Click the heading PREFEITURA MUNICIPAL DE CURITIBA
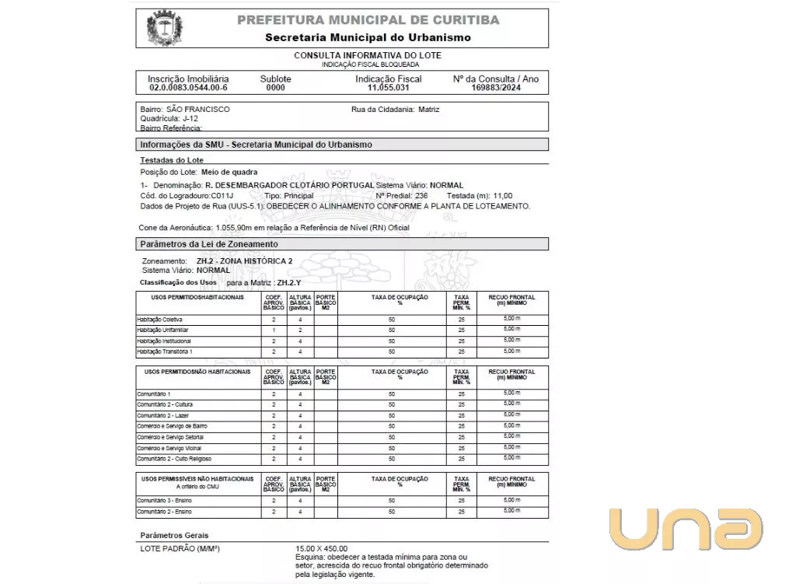pyautogui.click(x=368, y=20)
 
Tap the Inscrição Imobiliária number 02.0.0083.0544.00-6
pyautogui.click(x=188, y=89)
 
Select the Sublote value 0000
pyautogui.click(x=275, y=89)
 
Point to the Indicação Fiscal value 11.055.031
pyautogui.click(x=388, y=89)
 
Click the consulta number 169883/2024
pyautogui.click(x=495, y=89)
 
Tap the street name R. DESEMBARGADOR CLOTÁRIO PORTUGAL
pyautogui.click(x=289, y=186)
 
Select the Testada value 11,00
pyautogui.click(x=503, y=196)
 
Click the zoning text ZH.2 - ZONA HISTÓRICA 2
pyautogui.click(x=244, y=261)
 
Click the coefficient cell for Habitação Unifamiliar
pyautogui.click(x=274, y=330)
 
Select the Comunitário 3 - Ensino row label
pyautogui.click(x=164, y=501)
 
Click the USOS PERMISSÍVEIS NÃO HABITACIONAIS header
pyautogui.click(x=198, y=478)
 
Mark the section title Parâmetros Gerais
pyautogui.click(x=174, y=536)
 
